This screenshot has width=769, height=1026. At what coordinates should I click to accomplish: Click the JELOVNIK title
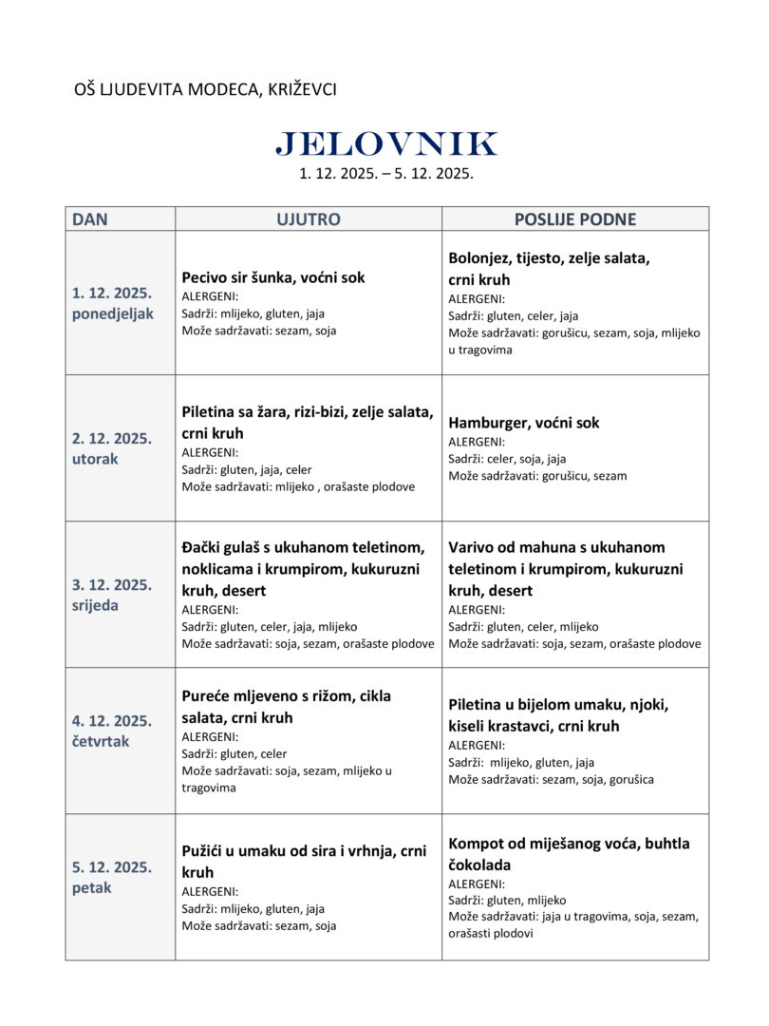click(385, 144)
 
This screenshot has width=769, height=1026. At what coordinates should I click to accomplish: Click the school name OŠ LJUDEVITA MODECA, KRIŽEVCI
click(205, 89)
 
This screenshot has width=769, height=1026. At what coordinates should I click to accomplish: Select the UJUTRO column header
click(308, 219)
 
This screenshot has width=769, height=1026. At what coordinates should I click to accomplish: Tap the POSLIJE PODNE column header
click(574, 219)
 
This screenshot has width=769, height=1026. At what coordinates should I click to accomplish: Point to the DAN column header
click(90, 219)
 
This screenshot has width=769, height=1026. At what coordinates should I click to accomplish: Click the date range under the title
click(385, 174)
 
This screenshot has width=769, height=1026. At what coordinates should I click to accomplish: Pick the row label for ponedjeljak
click(112, 314)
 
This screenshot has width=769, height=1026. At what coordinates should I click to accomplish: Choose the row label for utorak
click(95, 460)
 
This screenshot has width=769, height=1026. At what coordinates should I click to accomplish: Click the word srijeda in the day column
click(96, 606)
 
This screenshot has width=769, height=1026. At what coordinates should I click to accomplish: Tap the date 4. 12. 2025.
click(112, 721)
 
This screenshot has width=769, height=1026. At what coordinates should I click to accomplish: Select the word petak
click(92, 888)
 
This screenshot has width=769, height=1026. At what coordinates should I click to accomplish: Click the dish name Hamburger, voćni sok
click(523, 423)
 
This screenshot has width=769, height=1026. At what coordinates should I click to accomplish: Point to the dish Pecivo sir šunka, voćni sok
click(272, 277)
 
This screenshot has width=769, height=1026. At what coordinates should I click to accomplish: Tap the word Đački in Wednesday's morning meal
click(203, 547)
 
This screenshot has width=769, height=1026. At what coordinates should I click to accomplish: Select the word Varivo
click(472, 547)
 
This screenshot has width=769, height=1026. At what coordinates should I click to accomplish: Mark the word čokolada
click(479, 865)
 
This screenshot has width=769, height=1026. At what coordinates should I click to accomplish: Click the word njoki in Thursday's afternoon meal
click(647, 704)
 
